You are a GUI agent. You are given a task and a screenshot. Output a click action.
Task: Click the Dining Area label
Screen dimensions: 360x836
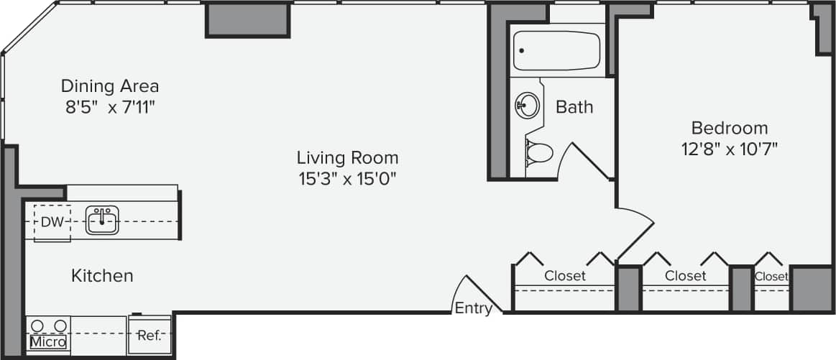pos(109,86)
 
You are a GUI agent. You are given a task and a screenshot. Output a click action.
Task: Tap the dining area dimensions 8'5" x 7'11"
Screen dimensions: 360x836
pos(109,108)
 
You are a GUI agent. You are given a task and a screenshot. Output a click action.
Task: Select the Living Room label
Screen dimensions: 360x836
pos(347,157)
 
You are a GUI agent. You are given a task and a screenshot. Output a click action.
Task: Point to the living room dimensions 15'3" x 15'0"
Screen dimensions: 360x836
pos(347,179)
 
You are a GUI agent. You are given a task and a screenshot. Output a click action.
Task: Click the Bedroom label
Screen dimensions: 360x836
pos(729,128)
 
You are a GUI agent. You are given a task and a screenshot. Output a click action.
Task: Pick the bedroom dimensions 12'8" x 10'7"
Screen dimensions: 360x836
pos(729,149)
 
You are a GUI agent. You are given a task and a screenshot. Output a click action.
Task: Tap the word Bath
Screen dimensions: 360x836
pos(574,107)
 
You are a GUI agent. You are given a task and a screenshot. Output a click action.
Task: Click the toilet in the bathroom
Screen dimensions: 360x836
pos(538,152)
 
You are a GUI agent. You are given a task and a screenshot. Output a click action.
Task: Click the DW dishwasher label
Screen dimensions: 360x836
pos(52,222)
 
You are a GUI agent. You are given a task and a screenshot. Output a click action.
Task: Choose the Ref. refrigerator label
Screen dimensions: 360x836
pos(150,336)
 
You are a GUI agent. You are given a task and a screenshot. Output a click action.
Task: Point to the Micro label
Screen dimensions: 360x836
pos(48,342)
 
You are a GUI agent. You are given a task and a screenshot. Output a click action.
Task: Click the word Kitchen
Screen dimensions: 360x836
pos(102,275)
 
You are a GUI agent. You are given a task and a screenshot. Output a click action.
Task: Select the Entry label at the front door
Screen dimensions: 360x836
pos(474,309)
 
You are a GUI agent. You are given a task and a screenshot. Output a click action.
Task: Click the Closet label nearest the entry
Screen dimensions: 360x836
pos(564,275)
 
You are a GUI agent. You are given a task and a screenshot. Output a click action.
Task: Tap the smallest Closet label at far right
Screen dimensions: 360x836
pos(771,276)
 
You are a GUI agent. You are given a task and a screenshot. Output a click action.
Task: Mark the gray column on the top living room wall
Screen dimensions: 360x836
pos(248,20)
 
